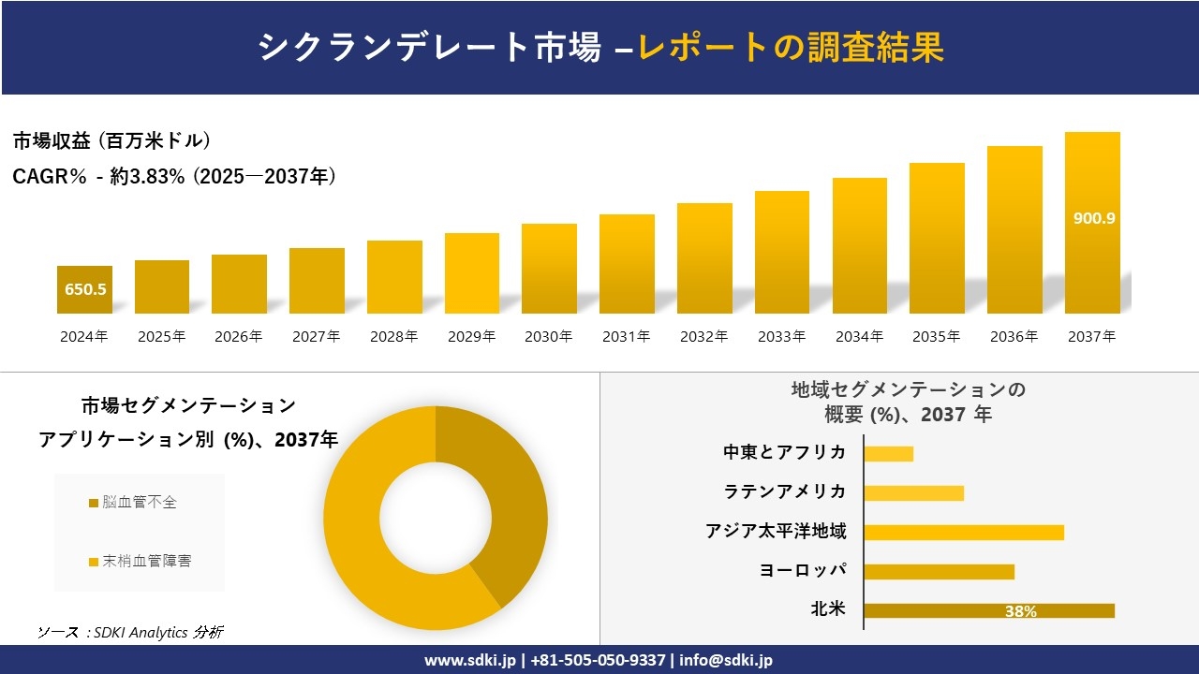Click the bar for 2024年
pyautogui.click(x=84, y=289)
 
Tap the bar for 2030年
pyautogui.click(x=549, y=269)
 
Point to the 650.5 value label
pyautogui.click(x=85, y=289)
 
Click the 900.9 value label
pyautogui.click(x=1093, y=218)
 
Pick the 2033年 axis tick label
pyautogui.click(x=781, y=336)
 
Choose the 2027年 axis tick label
pyautogui.click(x=316, y=336)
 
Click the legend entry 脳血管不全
pyautogui.click(x=139, y=503)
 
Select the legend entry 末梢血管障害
pyautogui.click(x=146, y=562)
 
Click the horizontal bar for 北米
pyautogui.click(x=988, y=610)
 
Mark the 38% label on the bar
pyautogui.click(x=1020, y=611)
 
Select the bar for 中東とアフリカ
pyautogui.click(x=888, y=454)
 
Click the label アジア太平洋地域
pyautogui.click(x=776, y=532)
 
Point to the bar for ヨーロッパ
pyautogui.click(x=939, y=571)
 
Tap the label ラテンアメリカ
pyautogui.click(x=784, y=492)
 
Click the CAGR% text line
pyautogui.click(x=174, y=176)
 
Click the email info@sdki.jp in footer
pyautogui.click(x=726, y=660)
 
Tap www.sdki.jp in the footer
pyautogui.click(x=469, y=660)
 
